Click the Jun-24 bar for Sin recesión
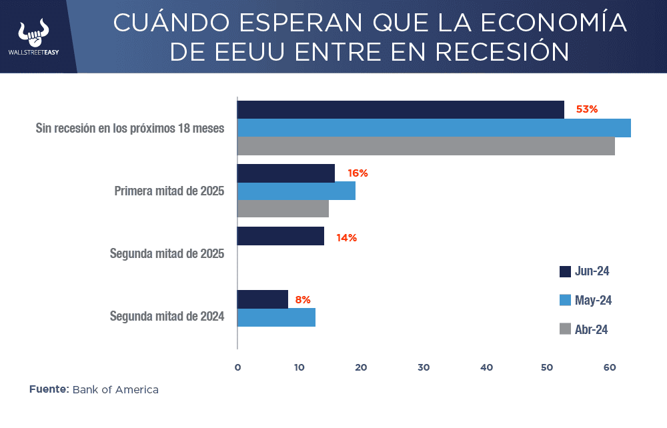[400, 109]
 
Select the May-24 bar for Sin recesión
[434, 128]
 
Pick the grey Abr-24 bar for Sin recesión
[426, 146]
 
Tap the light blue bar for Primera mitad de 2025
[296, 191]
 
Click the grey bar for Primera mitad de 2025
[283, 209]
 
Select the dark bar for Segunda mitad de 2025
[281, 236]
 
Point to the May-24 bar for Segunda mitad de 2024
[276, 317]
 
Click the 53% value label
[587, 109]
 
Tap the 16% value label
[358, 173]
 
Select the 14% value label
[347, 237]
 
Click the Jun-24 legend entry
[584, 271]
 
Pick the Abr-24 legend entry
[584, 329]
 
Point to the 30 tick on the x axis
[424, 367]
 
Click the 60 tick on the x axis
[609, 367]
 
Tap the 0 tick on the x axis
[237, 367]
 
